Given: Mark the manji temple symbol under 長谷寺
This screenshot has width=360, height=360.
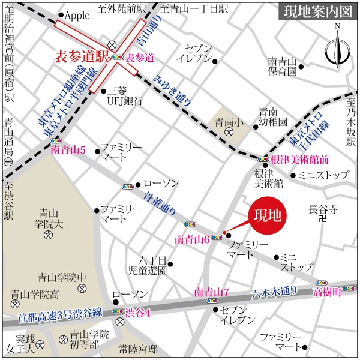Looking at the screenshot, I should pyautogui.click(x=323, y=220).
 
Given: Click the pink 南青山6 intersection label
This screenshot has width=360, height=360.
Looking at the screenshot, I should pyautogui.click(x=191, y=239).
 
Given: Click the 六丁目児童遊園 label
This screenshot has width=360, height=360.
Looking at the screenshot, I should pyautogui.click(x=147, y=265).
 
